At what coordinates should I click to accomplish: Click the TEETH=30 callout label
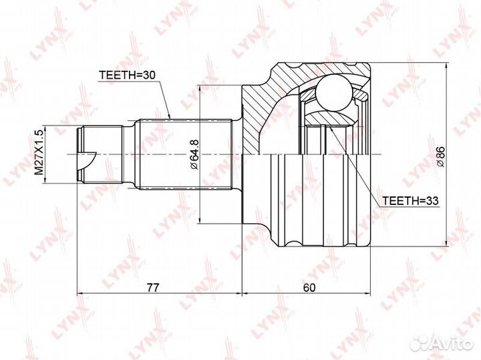coord(128,75)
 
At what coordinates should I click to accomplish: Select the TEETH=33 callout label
coord(410,201)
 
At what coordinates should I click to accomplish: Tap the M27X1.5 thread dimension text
coord(39,152)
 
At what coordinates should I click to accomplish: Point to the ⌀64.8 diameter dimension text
coord(194,154)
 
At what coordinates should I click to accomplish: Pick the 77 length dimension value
coord(153,287)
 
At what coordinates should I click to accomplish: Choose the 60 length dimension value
coord(309,287)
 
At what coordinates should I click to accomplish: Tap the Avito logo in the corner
coord(442,343)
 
